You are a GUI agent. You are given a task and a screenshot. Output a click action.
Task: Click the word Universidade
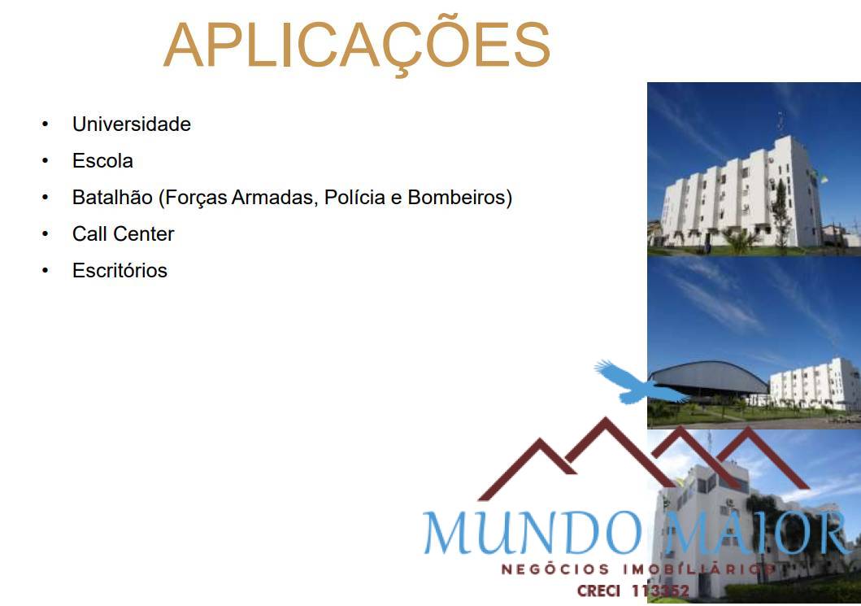click(132, 124)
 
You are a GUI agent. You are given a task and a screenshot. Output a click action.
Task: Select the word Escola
click(102, 161)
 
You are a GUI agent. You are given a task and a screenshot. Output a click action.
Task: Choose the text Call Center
click(123, 234)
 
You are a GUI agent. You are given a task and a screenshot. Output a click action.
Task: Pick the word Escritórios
click(120, 271)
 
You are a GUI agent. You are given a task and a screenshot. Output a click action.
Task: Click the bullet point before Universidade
click(46, 124)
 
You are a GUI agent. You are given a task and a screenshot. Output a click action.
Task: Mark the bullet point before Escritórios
click(46, 271)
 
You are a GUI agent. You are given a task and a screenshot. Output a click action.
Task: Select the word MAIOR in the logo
click(756, 534)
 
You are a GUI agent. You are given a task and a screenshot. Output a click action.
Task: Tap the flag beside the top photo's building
click(823, 176)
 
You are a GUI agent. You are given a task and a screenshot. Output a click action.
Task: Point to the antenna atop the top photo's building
click(781, 122)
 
